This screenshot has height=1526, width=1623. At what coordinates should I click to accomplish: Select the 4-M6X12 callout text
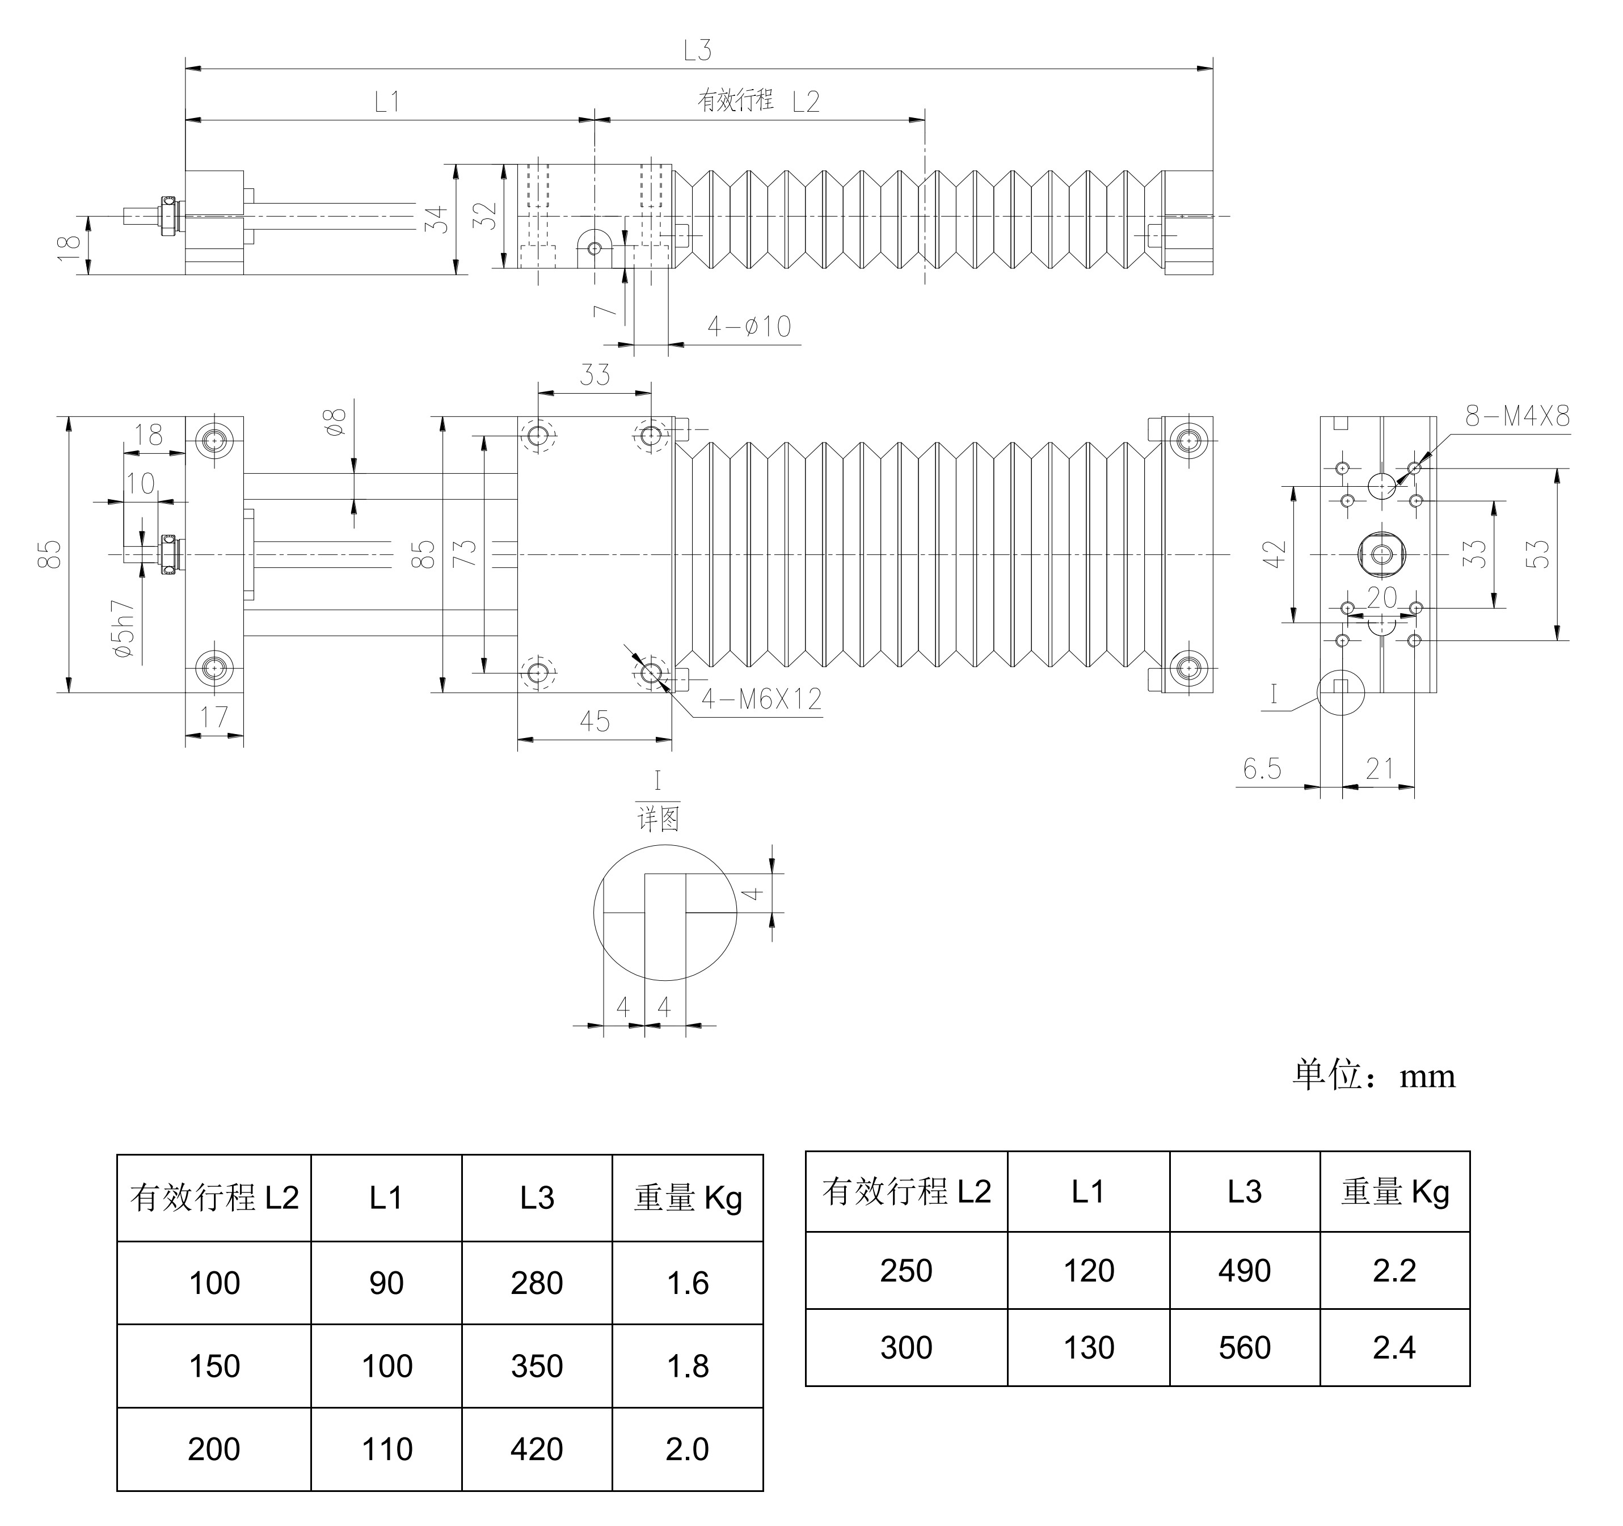tap(761, 699)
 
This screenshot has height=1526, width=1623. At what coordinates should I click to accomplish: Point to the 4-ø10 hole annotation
tap(749, 327)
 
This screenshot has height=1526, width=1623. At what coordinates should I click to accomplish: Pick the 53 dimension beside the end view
tap(1536, 554)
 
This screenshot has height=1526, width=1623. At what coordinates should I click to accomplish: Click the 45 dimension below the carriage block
tap(595, 722)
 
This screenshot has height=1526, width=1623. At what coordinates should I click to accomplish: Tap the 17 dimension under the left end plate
tap(214, 718)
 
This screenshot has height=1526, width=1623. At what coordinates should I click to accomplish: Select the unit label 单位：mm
tap(1374, 1076)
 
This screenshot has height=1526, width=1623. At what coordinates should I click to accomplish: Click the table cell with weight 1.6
tap(688, 1284)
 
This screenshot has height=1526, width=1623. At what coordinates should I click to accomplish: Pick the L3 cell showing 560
tap(1244, 1348)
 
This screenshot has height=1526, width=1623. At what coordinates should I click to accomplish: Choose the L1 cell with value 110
tap(386, 1449)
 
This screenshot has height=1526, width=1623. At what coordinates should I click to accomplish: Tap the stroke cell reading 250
tap(906, 1271)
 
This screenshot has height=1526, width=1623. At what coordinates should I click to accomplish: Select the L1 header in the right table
tap(1088, 1192)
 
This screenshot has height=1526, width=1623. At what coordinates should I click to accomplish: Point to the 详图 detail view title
tap(658, 818)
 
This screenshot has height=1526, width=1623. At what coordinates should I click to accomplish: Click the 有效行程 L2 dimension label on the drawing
tap(758, 101)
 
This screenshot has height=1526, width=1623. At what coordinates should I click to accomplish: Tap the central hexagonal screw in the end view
tap(1381, 554)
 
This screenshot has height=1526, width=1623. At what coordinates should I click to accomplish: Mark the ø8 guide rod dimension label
tap(335, 420)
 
